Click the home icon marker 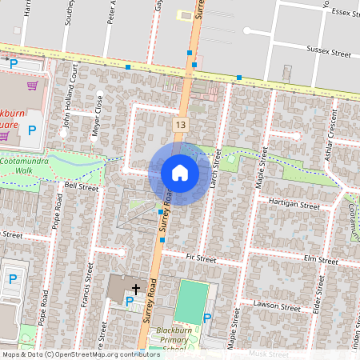coord(180,173)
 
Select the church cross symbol coord(136,288)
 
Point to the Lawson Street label coord(276,305)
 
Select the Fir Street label coord(201,258)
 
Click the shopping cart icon coord(32,85)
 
